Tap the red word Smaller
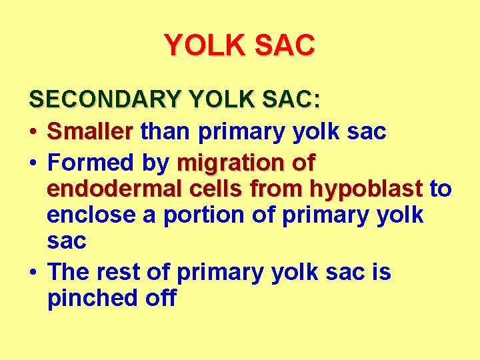pos(90,131)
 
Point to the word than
pos(167,131)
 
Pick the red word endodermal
pos(110,189)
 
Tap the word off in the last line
pos(161,298)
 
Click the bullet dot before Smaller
pos(33,133)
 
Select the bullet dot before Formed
pos(33,163)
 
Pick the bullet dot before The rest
pos(33,273)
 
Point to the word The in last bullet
pos(71,272)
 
